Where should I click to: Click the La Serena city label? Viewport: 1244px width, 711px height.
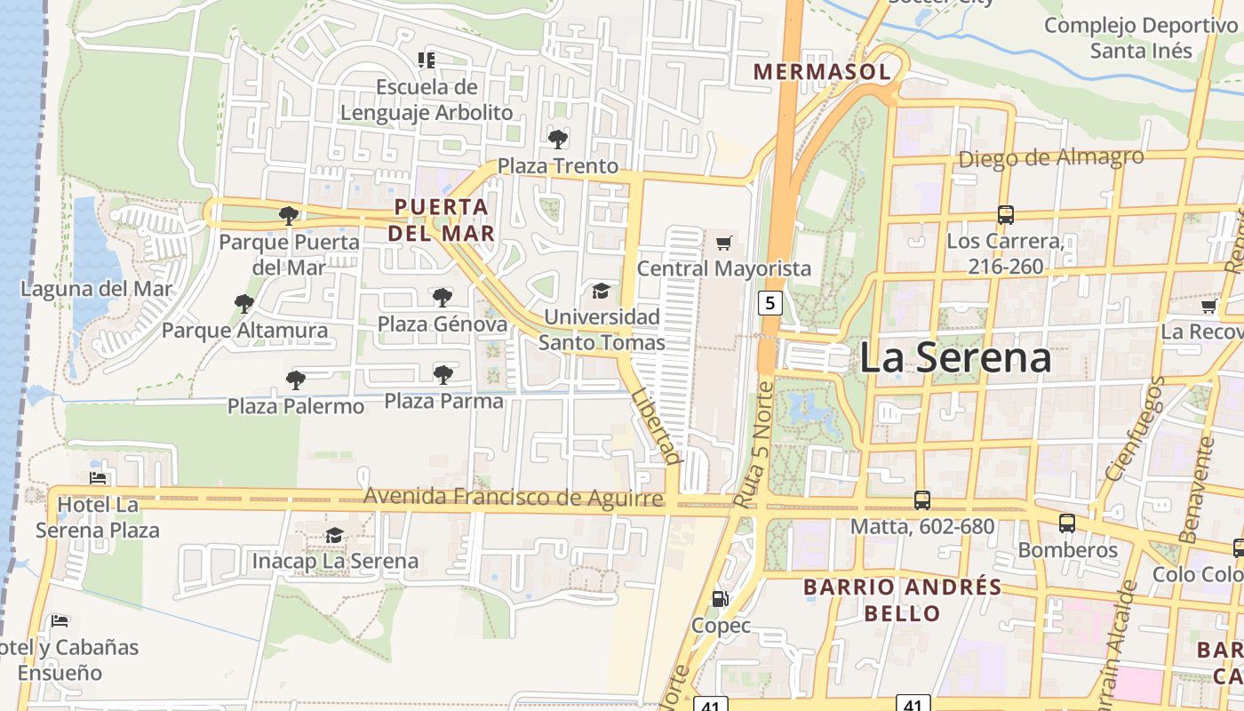tap(955, 358)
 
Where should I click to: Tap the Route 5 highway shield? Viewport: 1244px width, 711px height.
tap(770, 303)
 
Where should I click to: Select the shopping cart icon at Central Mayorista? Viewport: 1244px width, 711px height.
tap(724, 242)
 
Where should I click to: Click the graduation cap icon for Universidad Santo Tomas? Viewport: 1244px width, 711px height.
tap(602, 291)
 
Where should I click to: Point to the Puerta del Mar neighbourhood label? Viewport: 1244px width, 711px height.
tap(442, 220)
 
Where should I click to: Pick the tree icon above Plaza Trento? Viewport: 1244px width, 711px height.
tap(557, 139)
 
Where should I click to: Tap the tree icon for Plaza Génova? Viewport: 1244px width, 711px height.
tap(442, 297)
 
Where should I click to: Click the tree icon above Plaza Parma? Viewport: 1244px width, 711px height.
tap(443, 374)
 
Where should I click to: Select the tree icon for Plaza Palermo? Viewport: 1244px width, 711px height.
tap(296, 379)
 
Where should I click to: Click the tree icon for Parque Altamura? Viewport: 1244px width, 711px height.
tap(244, 304)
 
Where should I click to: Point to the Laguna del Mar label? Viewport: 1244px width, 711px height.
tap(97, 289)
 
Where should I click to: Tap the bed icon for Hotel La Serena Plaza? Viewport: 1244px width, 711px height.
tap(98, 477)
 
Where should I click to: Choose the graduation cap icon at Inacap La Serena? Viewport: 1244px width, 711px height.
tap(334, 535)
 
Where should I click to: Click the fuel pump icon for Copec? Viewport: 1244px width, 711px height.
tap(721, 599)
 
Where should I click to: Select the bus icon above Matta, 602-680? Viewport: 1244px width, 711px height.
tap(922, 500)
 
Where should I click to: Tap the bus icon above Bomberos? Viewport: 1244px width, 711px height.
tap(1067, 523)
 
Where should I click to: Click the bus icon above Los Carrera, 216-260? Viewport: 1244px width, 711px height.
tap(1005, 214)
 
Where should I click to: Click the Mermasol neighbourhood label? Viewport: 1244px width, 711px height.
tap(821, 71)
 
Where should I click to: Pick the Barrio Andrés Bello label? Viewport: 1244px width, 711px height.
tap(902, 600)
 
